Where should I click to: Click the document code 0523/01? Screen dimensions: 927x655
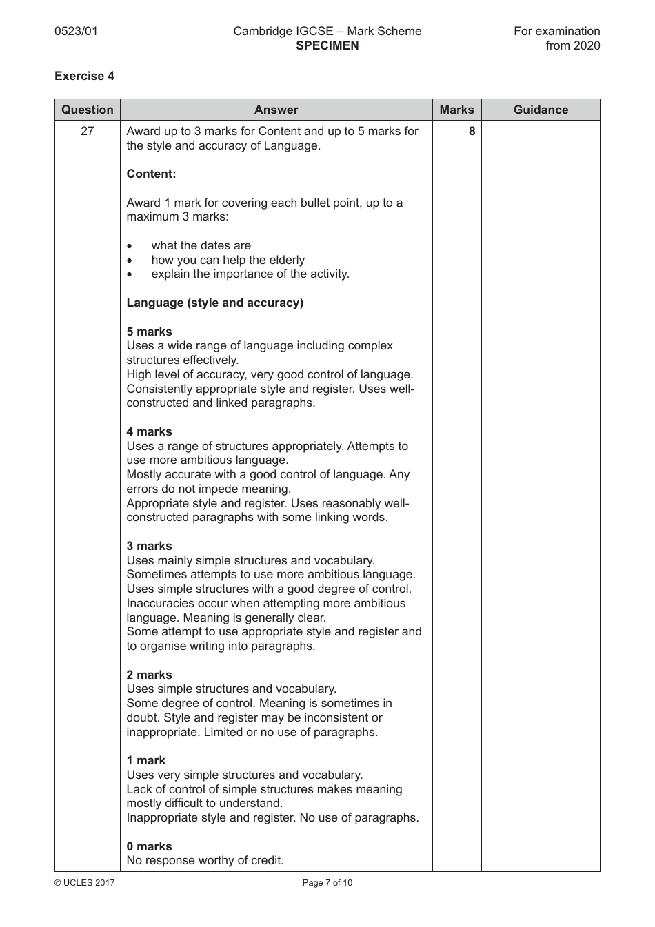[76, 31]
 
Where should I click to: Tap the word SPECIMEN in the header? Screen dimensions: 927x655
[327, 46]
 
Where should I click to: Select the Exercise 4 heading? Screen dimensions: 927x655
[84, 76]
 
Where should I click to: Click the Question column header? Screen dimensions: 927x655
[88, 110]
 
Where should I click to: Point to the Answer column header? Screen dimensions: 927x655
[276, 110]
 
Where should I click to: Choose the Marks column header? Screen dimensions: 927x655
[456, 110]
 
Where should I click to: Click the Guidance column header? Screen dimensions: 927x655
[541, 110]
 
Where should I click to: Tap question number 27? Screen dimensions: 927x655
[88, 131]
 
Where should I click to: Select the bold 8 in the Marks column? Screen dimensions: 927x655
[472, 131]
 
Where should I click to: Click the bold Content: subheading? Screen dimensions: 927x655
[151, 174]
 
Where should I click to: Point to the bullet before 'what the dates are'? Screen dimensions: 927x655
[130, 246]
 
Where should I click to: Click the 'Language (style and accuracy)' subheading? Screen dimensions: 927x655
[214, 303]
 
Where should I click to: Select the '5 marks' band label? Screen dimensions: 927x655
[149, 332]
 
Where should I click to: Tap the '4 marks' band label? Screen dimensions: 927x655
[149, 431]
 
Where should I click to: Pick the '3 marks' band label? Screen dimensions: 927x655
[149, 546]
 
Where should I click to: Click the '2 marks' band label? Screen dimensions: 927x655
[149, 675]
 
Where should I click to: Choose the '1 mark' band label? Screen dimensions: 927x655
[145, 760]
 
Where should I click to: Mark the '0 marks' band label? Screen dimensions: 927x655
[149, 846]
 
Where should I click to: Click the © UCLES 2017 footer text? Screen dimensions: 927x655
[85, 883]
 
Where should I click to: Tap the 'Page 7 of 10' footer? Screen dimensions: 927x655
[327, 883]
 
